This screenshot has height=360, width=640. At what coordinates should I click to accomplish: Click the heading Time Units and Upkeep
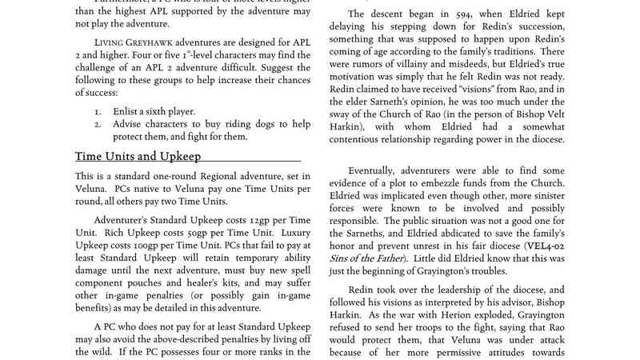pyautogui.click(x=138, y=157)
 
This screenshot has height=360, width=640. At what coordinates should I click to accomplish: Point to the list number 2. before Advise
pyautogui.click(x=98, y=124)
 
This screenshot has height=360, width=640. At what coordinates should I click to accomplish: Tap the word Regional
pyautogui.click(x=217, y=175)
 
